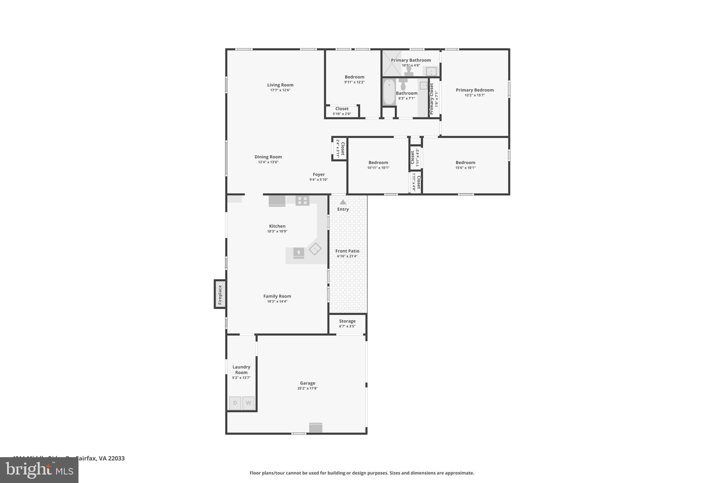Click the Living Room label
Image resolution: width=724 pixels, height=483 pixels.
pos(280,85)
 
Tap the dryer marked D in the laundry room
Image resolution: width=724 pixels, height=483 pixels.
pos(235,403)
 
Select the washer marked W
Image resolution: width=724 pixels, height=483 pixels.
pos(249,403)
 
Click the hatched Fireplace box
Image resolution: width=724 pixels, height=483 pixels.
pos(220,294)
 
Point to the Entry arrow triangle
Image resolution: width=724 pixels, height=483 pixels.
pos(343,202)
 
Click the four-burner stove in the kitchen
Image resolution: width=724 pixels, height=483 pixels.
pos(302,201)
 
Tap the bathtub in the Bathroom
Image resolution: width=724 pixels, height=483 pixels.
pos(389,92)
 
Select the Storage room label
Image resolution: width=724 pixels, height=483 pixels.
pos(347,321)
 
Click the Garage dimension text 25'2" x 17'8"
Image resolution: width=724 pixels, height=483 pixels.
pos(308,388)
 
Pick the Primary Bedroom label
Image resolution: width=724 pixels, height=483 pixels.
pos(474,90)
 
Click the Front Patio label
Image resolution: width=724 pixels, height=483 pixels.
pos(347,251)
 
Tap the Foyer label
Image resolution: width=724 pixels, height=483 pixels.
pos(319,174)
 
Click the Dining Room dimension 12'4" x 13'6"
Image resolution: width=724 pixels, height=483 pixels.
pos(268,162)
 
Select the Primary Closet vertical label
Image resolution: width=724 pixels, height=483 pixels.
pos(431,99)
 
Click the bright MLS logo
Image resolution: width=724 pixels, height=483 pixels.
pos(39,470)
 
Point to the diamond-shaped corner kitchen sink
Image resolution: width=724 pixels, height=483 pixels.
pos(315,249)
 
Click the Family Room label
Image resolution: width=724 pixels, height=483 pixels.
pos(277,296)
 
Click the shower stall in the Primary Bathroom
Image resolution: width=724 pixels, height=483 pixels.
pos(392,63)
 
